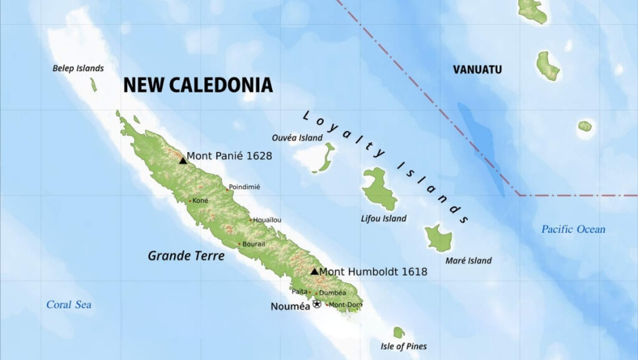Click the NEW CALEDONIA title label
pos(198,85)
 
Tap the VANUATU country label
pos(477,70)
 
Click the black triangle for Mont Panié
pos(183,161)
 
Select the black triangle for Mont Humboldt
pos(315,271)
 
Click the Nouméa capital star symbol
pos(317,304)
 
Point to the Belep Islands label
pos(78,69)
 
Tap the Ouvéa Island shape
pos(325,157)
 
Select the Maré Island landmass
pos(439,239)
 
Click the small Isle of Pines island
pos(399,333)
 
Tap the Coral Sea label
pos(69,305)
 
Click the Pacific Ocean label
pos(573,229)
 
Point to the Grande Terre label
pos(186,255)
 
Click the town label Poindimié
pos(244,187)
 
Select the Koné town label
pos(201,201)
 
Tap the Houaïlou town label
pos(267,220)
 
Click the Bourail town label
pos(254,244)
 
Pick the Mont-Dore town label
pos(346,305)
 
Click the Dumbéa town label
pos(332,293)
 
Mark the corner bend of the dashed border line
pos(518,195)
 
